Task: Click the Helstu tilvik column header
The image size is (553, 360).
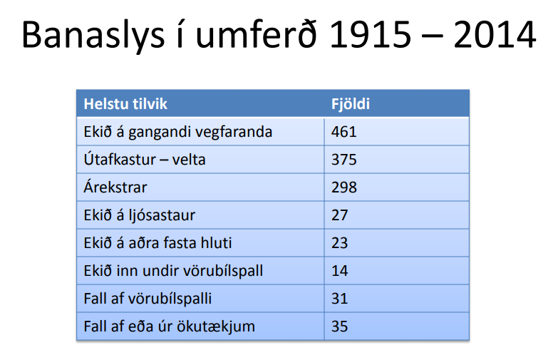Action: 125,104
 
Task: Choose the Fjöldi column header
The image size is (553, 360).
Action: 351,104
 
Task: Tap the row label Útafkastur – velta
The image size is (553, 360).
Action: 145,160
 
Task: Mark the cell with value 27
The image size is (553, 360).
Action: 340,215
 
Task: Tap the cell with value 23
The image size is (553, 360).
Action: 340,243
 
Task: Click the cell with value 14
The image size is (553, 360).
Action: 340,271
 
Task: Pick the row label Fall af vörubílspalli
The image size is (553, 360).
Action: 148,299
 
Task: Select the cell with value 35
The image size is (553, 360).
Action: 340,327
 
